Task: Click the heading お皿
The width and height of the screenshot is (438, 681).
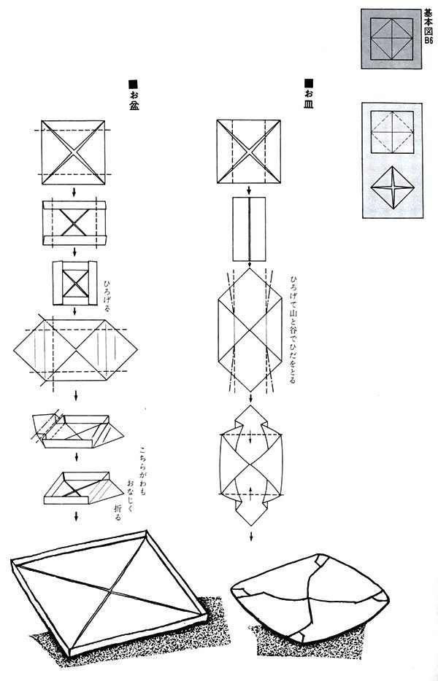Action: (308, 99)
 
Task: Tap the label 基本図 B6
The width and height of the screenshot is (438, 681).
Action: (429, 27)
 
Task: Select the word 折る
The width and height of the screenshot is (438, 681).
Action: (117, 513)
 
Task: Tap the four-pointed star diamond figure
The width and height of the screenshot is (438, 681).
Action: (392, 187)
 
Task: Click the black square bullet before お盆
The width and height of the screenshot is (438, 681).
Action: (133, 84)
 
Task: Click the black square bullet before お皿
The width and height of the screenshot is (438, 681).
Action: (309, 82)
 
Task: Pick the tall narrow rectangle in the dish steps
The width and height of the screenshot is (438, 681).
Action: (249, 229)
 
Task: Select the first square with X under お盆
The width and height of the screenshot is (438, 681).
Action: (73, 152)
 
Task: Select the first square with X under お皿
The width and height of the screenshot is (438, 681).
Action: (249, 151)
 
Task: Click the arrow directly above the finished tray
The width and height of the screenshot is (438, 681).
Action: (77, 516)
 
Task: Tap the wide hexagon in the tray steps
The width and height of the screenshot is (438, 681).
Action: (75, 350)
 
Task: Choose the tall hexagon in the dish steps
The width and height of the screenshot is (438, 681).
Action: (250, 330)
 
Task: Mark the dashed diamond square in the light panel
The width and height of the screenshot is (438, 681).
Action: (392, 131)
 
